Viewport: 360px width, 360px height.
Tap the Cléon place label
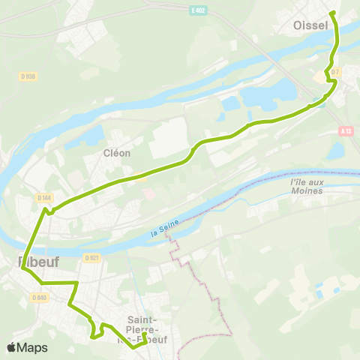(117, 153)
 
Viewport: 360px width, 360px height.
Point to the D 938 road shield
(28, 76)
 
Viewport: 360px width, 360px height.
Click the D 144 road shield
(44, 197)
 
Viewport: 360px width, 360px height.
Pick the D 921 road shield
(92, 258)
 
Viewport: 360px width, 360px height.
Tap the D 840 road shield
(40, 297)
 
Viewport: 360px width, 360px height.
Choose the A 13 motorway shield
(345, 130)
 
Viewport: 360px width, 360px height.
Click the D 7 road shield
(334, 72)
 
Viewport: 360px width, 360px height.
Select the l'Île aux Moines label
(305, 187)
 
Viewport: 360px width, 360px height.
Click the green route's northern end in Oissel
(331, 13)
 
